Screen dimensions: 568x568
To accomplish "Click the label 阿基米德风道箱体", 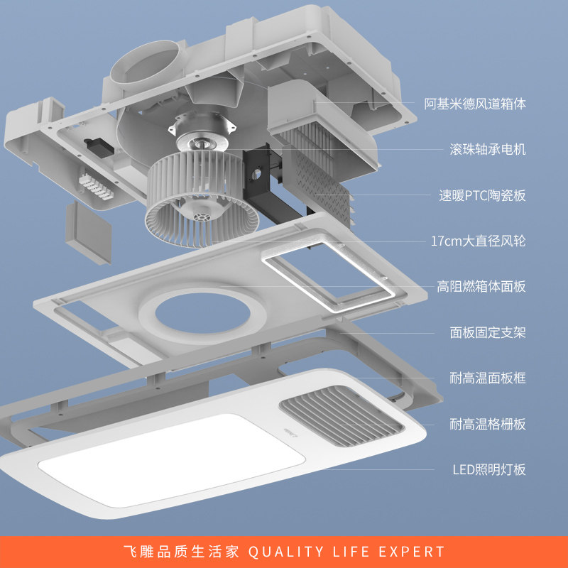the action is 475,104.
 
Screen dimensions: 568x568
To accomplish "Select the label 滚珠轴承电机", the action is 488,150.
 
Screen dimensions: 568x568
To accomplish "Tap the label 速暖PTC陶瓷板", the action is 482,195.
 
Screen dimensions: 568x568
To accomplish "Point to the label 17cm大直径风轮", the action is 479,241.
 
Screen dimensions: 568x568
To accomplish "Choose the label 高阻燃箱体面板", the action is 481,286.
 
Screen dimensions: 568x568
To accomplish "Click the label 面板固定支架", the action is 488,332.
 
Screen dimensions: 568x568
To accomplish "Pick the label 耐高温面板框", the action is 488,378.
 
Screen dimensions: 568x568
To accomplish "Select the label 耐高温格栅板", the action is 488,424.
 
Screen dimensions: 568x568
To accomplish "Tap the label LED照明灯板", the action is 489,469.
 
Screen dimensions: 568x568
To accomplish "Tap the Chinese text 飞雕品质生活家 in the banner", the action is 182,552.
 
